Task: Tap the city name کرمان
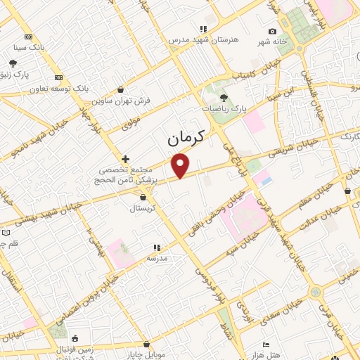186,138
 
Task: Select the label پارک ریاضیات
225,109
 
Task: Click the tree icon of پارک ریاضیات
224,98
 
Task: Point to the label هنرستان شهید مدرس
202,40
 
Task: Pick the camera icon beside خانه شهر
272,31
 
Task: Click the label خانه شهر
271,41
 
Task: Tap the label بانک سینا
28,47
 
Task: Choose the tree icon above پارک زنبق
13,63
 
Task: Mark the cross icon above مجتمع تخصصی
126,159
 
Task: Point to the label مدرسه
157,258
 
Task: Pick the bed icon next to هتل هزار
265,345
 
